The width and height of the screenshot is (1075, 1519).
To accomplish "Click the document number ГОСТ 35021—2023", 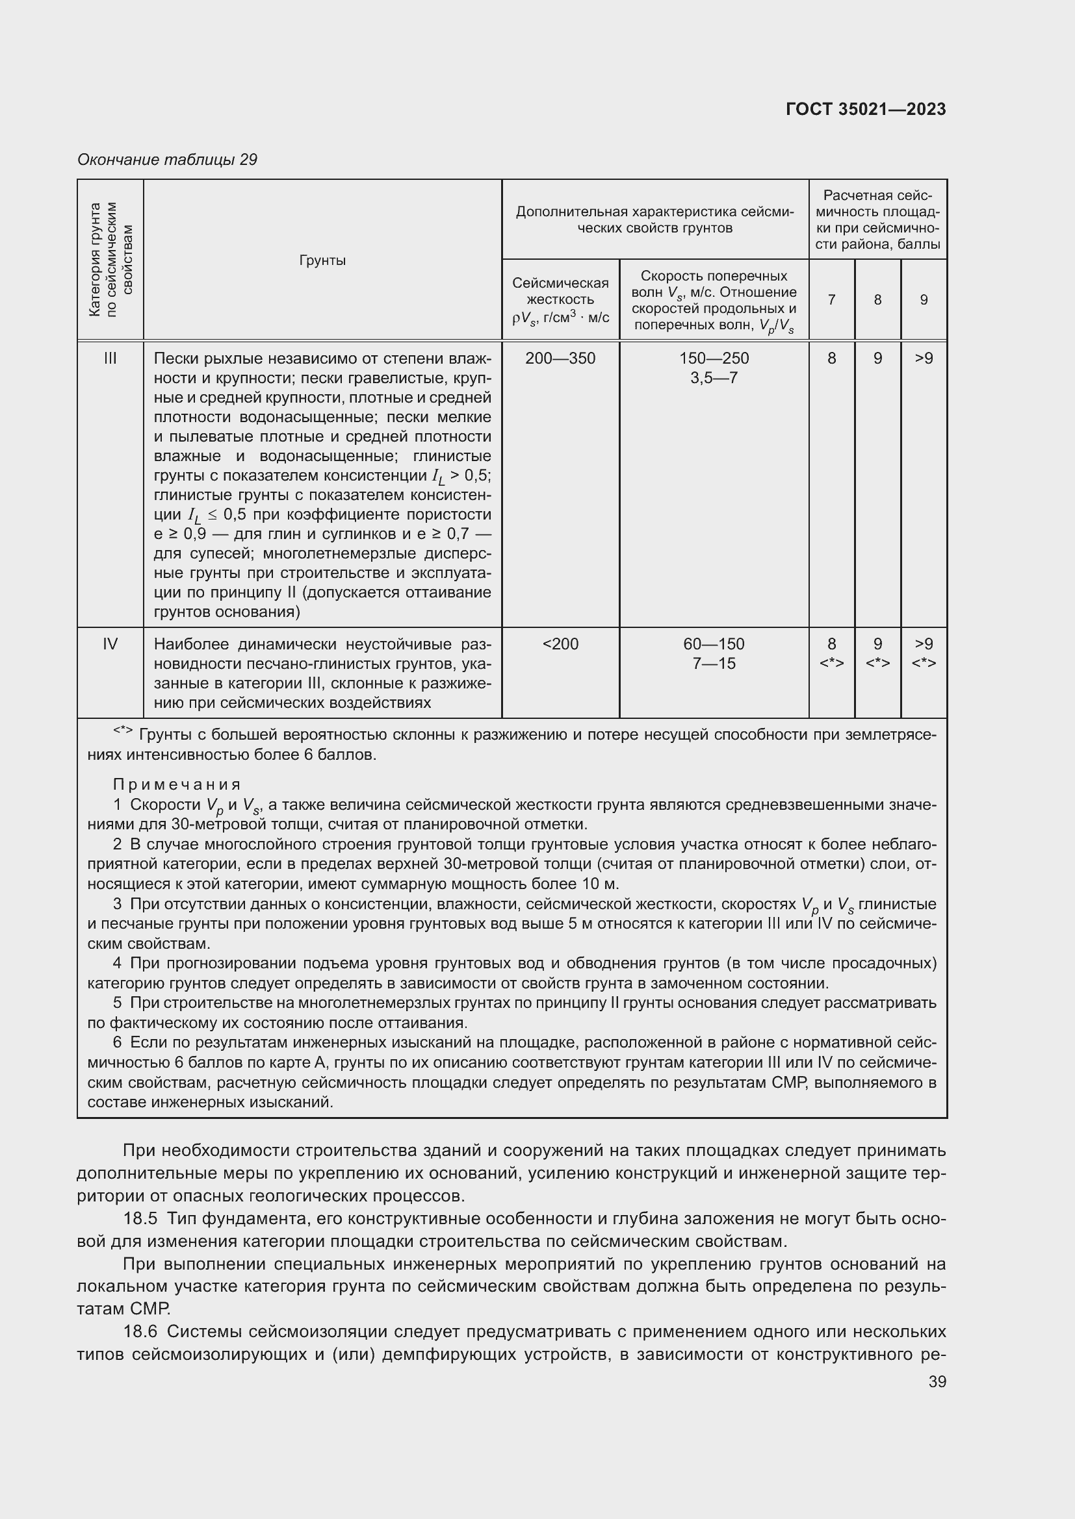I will point(865,109).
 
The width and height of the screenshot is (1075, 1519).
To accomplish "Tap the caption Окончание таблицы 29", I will point(167,160).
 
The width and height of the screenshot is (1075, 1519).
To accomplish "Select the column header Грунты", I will point(322,260).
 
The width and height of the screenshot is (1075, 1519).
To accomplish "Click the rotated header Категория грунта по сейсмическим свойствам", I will point(110,259).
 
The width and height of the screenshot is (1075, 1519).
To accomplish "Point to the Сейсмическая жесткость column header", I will point(560,299).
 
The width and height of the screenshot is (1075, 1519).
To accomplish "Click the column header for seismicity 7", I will point(831,299).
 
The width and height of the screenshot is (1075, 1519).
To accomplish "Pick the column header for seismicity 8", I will point(877,299).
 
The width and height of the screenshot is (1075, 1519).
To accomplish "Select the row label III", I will point(110,358).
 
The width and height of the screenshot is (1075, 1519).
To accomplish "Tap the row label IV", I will point(110,644).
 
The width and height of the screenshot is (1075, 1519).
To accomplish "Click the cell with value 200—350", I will point(560,358).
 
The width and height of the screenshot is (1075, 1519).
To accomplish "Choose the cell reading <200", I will point(560,644).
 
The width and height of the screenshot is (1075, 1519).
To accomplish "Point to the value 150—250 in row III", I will point(714,358).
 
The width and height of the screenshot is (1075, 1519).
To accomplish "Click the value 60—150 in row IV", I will point(714,644).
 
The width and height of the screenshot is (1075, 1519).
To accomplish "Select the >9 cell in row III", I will point(924,358).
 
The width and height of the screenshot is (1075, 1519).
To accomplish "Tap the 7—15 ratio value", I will point(714,663).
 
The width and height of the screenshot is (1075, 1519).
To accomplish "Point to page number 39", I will point(937,1382).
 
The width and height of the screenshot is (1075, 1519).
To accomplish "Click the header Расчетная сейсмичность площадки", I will point(877,219).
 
